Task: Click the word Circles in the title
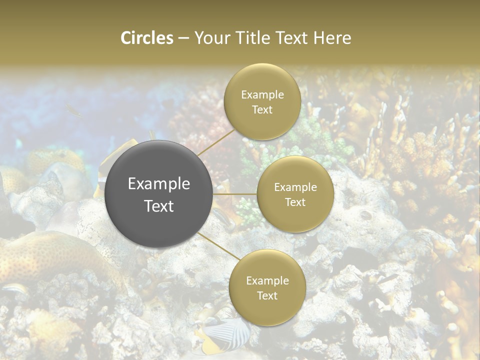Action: click(147, 38)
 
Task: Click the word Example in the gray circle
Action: click(159, 184)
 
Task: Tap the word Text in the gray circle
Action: click(159, 206)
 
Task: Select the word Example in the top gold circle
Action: click(262, 95)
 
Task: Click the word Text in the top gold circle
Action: click(262, 110)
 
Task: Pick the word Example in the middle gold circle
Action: click(295, 187)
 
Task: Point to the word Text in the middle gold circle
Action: click(295, 202)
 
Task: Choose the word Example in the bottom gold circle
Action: click(267, 281)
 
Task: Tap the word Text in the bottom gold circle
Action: click(267, 296)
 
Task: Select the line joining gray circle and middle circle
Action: click(235, 194)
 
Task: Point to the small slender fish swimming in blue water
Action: click(73, 110)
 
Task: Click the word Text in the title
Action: click(294, 38)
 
